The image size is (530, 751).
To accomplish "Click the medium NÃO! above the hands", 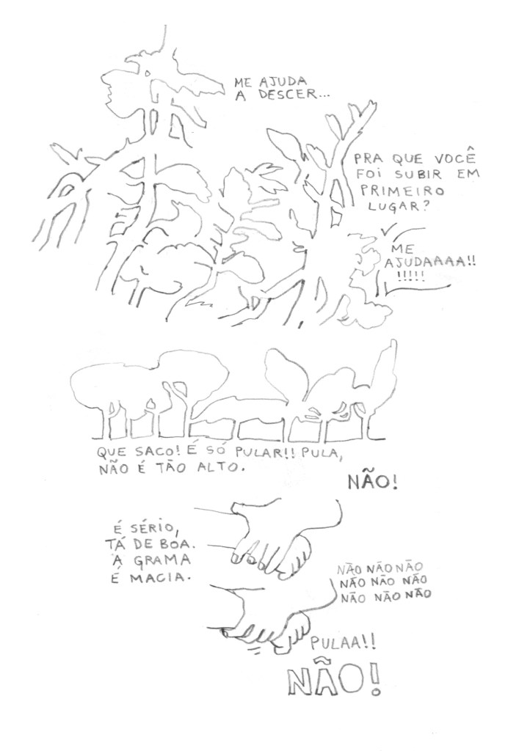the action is coord(373,483).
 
